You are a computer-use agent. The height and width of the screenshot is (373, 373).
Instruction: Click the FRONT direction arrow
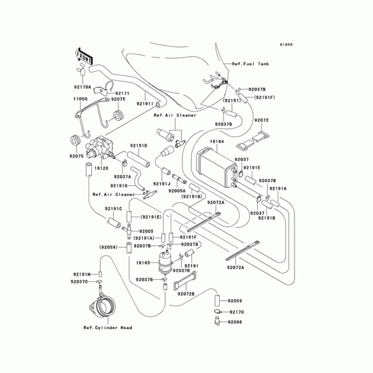(x=82, y=55)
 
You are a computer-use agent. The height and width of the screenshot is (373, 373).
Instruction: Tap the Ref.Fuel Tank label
(x=250, y=63)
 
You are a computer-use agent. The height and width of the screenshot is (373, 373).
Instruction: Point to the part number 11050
(x=80, y=99)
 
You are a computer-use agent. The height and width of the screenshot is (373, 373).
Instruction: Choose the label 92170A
(x=83, y=87)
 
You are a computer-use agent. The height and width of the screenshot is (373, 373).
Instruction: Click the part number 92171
(x=122, y=93)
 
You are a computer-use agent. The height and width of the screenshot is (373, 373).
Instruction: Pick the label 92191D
(x=138, y=145)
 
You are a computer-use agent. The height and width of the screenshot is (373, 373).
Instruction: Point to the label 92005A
(x=177, y=191)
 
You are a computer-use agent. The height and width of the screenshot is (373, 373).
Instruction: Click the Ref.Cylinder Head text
(x=108, y=327)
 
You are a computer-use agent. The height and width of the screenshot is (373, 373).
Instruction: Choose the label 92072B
(x=186, y=294)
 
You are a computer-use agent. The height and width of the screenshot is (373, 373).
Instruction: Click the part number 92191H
(x=81, y=274)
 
